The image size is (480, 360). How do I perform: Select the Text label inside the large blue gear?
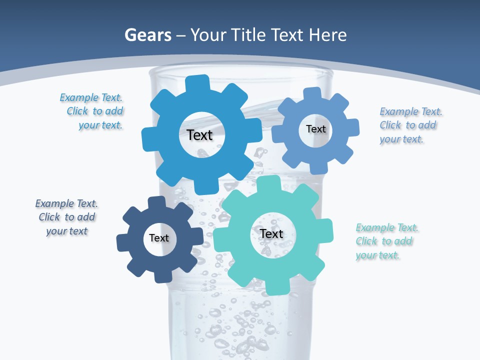[199, 135]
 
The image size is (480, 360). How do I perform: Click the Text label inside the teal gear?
[271, 234]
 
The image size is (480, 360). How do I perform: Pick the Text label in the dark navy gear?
[159, 238]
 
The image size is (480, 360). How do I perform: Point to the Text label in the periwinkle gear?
[316, 129]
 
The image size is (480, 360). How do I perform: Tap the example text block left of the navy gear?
[66, 217]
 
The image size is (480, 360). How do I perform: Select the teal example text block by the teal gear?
[386, 241]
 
